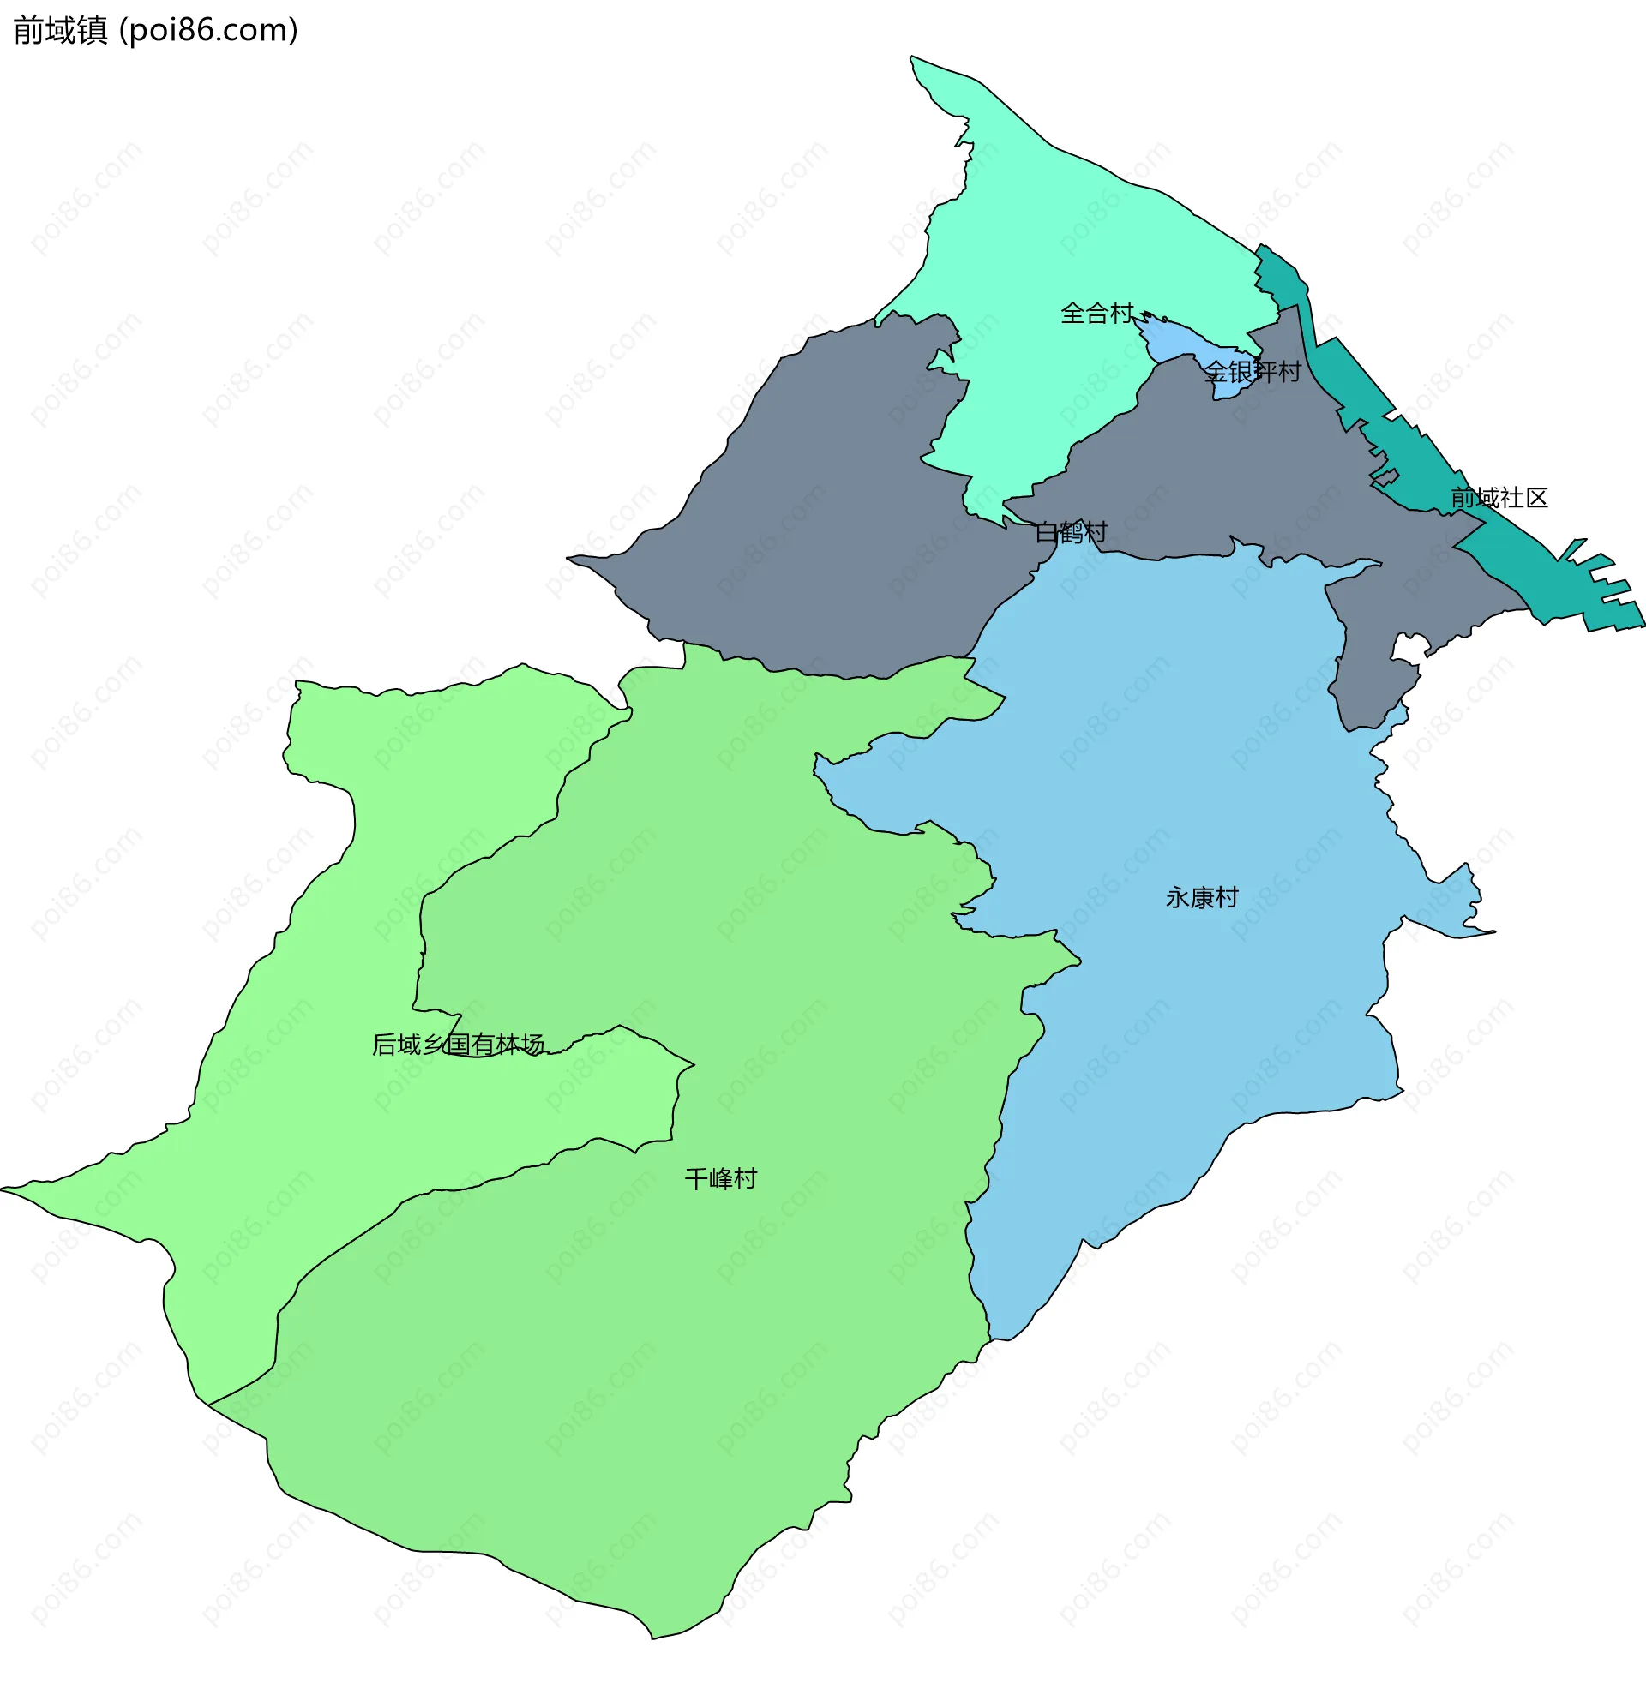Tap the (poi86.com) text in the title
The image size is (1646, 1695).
(x=208, y=31)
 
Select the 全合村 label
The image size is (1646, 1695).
(x=1096, y=313)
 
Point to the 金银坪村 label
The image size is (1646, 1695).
(x=1253, y=372)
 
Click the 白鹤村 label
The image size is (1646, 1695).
(x=1071, y=532)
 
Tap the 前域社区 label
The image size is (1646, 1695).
(x=1499, y=498)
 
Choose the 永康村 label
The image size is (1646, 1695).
(x=1201, y=898)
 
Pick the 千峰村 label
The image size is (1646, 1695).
(x=719, y=1179)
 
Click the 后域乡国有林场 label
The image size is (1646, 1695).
(x=458, y=1045)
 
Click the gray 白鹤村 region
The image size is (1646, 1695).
(x=821, y=519)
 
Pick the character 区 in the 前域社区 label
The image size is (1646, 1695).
(x=1536, y=498)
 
